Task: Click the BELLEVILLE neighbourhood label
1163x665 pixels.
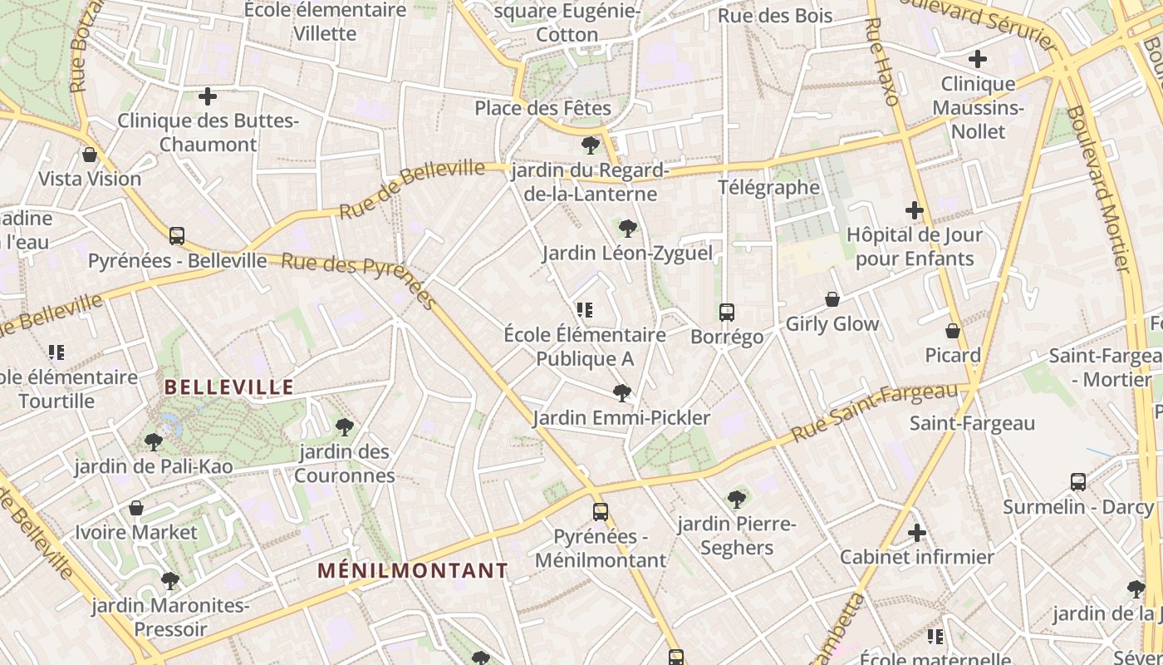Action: tap(228, 387)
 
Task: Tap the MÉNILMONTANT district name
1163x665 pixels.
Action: tap(413, 571)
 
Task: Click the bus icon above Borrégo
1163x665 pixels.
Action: tap(727, 313)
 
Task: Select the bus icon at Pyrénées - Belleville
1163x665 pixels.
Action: tap(177, 235)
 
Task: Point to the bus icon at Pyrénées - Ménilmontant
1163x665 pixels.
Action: tap(601, 512)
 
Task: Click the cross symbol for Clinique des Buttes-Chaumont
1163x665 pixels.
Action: tap(208, 97)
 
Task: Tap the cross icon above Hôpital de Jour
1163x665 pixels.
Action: tap(915, 210)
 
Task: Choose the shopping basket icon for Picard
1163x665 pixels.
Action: tap(953, 331)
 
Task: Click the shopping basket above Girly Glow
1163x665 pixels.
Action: tap(832, 299)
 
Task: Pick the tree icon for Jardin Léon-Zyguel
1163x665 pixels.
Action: tap(628, 228)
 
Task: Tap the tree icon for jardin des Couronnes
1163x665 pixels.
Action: tap(344, 427)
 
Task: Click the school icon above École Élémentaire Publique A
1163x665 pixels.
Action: tap(585, 310)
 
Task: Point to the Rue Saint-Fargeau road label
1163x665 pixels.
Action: tap(874, 413)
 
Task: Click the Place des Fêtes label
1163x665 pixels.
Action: tap(542, 108)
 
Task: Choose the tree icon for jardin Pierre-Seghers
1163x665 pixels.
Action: tap(736, 500)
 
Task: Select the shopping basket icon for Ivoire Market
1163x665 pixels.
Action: tap(136, 508)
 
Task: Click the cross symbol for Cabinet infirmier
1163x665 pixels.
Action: tap(917, 533)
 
